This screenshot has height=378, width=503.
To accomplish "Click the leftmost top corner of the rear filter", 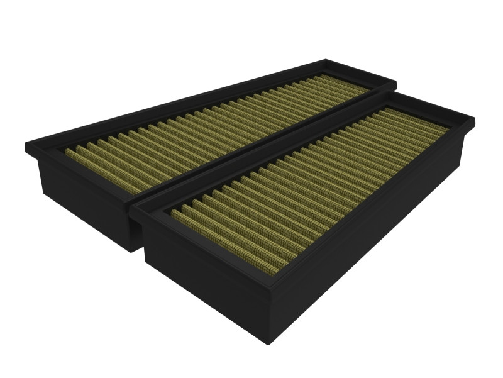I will [x=25, y=147].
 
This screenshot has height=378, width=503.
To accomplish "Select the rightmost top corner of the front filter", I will [x=475, y=117].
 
